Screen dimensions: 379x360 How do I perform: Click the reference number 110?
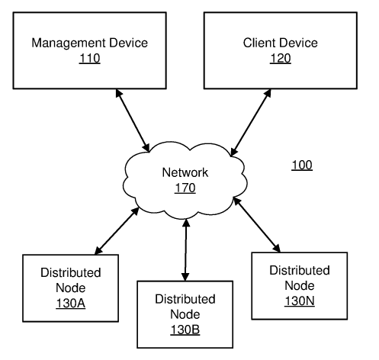(89, 59)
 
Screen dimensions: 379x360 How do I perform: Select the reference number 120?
(280, 59)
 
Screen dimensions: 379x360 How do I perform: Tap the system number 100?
(302, 165)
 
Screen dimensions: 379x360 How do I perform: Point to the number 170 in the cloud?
(185, 188)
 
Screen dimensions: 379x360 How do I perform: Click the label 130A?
(71, 304)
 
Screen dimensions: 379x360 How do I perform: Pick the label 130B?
(185, 329)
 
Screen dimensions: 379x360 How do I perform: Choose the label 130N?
(300, 301)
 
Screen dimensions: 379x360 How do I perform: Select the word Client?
(259, 43)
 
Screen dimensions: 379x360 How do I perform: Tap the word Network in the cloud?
(185, 172)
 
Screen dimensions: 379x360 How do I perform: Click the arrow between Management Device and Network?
(133, 121)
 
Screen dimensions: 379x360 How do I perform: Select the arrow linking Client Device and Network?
(251, 122)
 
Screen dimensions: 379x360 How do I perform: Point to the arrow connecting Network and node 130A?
(117, 231)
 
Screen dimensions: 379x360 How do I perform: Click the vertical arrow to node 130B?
(185, 249)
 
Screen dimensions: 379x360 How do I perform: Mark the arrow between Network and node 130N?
(257, 225)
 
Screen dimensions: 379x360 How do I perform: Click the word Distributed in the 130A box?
(71, 272)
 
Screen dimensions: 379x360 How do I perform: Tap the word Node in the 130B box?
(185, 314)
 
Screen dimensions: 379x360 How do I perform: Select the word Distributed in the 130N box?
(300, 270)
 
